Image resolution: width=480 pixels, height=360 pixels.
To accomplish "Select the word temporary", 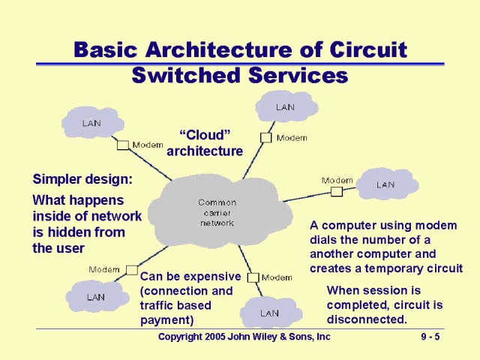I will (x=395, y=268).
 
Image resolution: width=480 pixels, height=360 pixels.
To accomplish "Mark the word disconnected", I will (x=367, y=319).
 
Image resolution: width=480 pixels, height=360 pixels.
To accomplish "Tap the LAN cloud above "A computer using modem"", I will (x=385, y=184).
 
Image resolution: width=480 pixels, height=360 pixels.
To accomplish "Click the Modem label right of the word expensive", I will (x=277, y=277).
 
